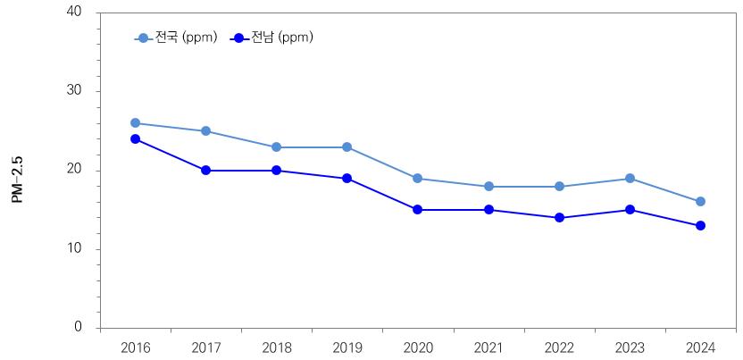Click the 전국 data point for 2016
point(135,123)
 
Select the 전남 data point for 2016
point(135,139)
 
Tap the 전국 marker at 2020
point(418,179)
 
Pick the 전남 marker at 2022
point(559,218)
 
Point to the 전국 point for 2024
point(700,202)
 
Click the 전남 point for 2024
point(700,226)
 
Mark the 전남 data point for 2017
point(205,171)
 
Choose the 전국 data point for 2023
point(630,179)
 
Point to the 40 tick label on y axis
point(73,12)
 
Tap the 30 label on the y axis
point(73,91)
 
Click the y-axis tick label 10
point(73,249)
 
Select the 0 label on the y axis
point(78,328)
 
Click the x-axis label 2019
point(346,347)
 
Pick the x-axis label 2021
point(488,347)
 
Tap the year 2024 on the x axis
point(700,347)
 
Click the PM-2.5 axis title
point(18,179)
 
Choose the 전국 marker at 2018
point(276,147)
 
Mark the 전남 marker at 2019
point(346,179)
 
